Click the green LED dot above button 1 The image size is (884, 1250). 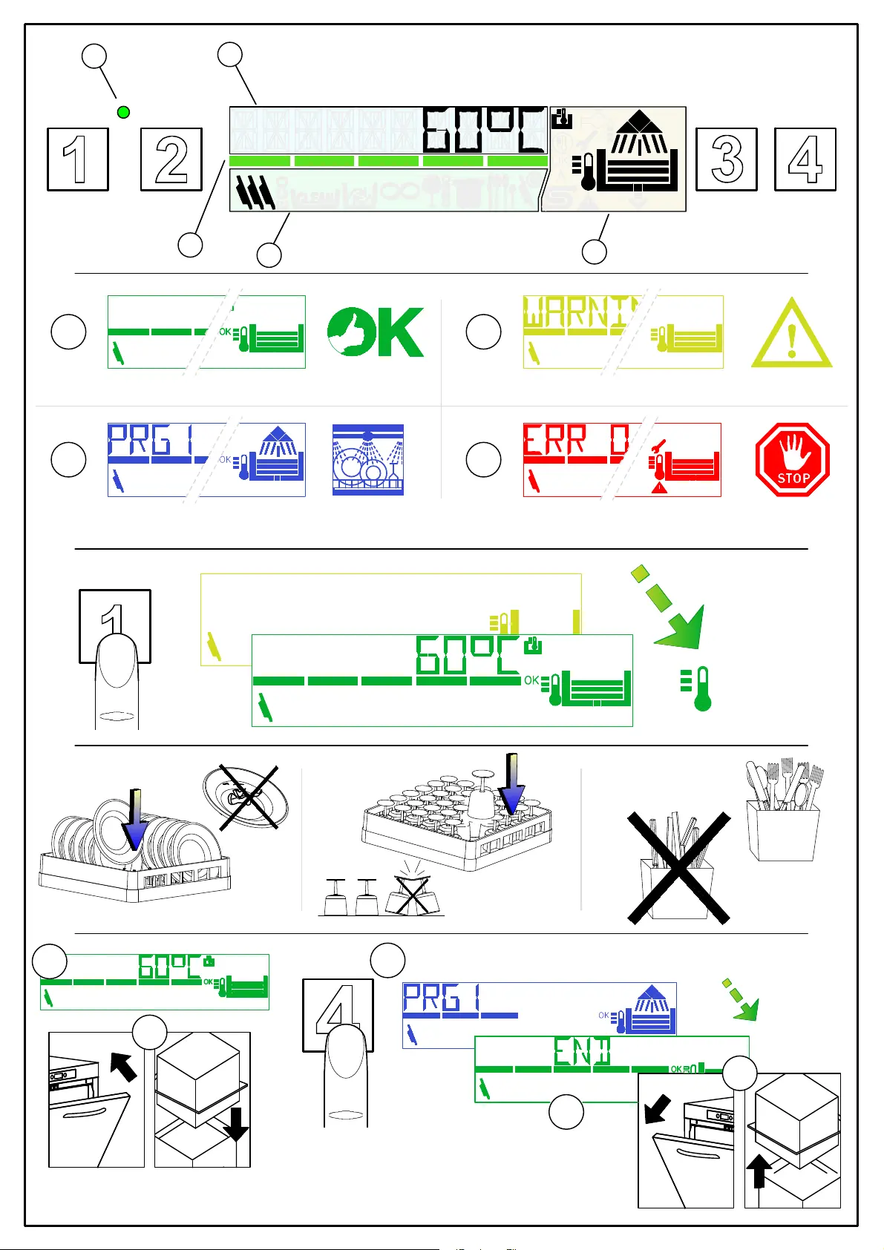click(x=124, y=112)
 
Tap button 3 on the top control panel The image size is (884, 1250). click(x=726, y=159)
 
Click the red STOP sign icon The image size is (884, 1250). click(x=792, y=460)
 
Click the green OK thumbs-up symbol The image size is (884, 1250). click(x=376, y=332)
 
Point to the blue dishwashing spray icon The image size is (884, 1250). click(x=367, y=460)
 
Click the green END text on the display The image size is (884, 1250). click(x=582, y=1050)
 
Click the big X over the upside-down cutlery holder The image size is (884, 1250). click(x=678, y=867)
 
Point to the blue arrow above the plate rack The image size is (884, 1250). click(x=135, y=820)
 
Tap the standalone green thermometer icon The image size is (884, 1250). click(x=697, y=689)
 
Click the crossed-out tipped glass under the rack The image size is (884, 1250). click(x=413, y=895)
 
